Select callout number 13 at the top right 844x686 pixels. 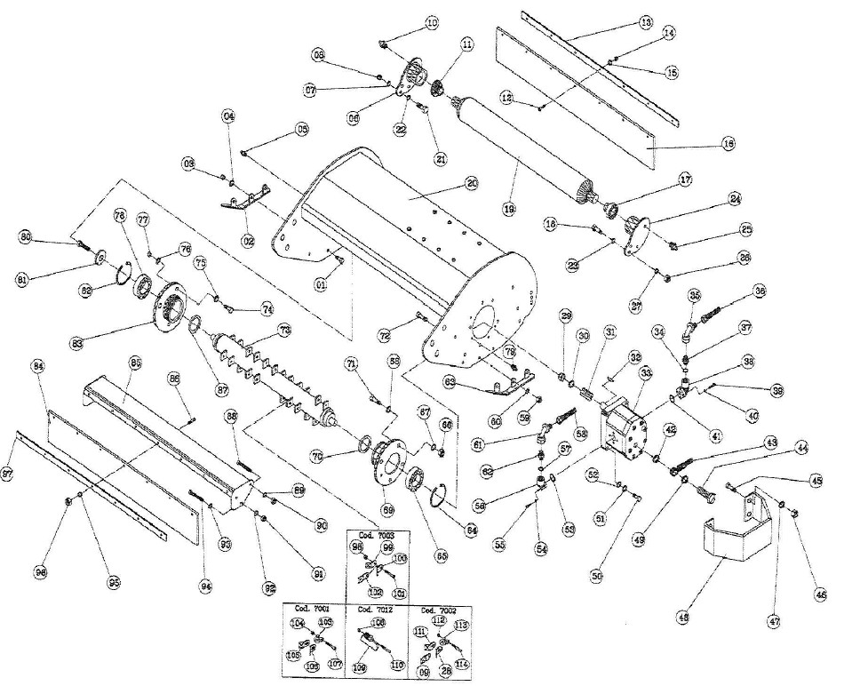point(670,20)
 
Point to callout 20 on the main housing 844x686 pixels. point(471,184)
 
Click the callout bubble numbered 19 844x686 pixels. point(509,209)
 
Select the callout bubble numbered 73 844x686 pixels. point(284,330)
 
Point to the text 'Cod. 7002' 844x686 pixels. point(438,611)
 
